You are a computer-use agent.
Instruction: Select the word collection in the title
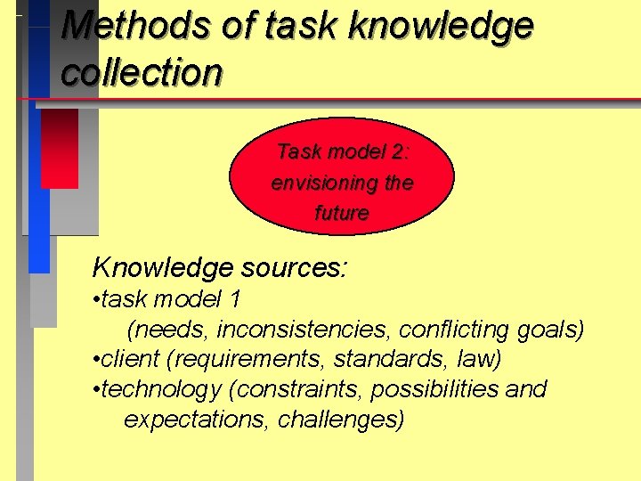point(142,72)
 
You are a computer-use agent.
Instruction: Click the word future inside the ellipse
point(342,214)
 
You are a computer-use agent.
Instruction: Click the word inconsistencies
point(304,330)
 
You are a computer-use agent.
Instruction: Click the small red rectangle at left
point(60,148)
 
